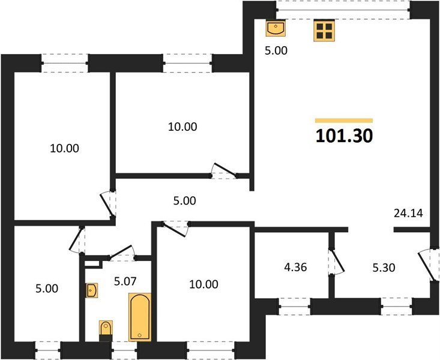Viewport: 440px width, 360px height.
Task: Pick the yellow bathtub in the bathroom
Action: point(139,317)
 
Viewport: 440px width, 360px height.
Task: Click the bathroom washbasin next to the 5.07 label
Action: point(92,292)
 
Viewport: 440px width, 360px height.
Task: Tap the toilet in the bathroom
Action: point(106,329)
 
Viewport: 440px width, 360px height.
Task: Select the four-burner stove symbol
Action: point(324,31)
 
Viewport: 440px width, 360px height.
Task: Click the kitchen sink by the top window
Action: point(276,28)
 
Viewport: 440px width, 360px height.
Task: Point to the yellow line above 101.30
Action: point(343,121)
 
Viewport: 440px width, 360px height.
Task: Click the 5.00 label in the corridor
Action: point(184,201)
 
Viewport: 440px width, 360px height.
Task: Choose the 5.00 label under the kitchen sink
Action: point(277,51)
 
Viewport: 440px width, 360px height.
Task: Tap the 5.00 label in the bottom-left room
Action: point(46,289)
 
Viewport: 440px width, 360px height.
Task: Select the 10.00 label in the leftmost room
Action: point(64,148)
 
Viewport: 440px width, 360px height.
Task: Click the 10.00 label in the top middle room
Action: point(182,127)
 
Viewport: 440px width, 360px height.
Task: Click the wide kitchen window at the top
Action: point(343,10)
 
